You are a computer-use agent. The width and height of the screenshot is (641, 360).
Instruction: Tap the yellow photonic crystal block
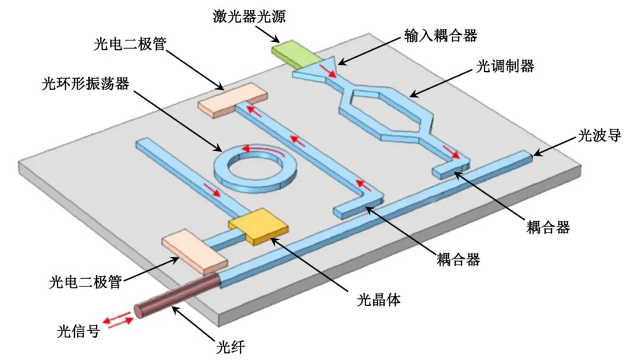(258, 227)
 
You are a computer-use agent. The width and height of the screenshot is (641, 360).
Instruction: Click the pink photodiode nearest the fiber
(194, 251)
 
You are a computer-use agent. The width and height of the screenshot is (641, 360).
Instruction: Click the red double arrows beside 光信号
(118, 319)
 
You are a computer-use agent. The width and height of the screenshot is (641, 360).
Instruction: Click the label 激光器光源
(249, 17)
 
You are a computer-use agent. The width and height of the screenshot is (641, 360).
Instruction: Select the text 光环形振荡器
(85, 84)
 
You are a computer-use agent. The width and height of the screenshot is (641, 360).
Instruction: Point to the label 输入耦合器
(440, 36)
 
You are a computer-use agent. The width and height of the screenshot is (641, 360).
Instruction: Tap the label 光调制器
(505, 66)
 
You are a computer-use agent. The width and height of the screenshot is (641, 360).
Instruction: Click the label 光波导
(599, 135)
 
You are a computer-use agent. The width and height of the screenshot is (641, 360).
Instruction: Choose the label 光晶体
(379, 300)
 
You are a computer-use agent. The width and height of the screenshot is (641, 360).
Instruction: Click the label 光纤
(230, 348)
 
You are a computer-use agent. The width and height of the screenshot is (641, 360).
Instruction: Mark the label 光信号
(78, 331)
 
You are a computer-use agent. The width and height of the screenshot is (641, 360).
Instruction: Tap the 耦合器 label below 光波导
(548, 227)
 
